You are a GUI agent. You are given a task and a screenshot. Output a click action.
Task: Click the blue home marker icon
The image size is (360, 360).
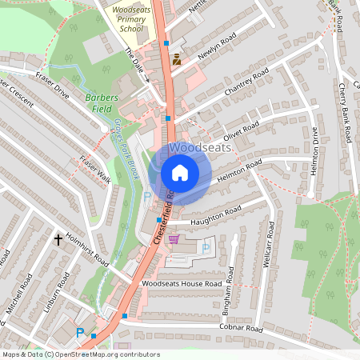pos(180,172)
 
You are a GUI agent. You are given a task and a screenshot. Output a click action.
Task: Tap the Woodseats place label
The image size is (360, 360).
pos(200,148)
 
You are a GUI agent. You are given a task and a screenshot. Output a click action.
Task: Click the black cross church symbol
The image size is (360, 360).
pos(58,238)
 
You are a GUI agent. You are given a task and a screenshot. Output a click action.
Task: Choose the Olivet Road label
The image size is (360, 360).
pos(241,131)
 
